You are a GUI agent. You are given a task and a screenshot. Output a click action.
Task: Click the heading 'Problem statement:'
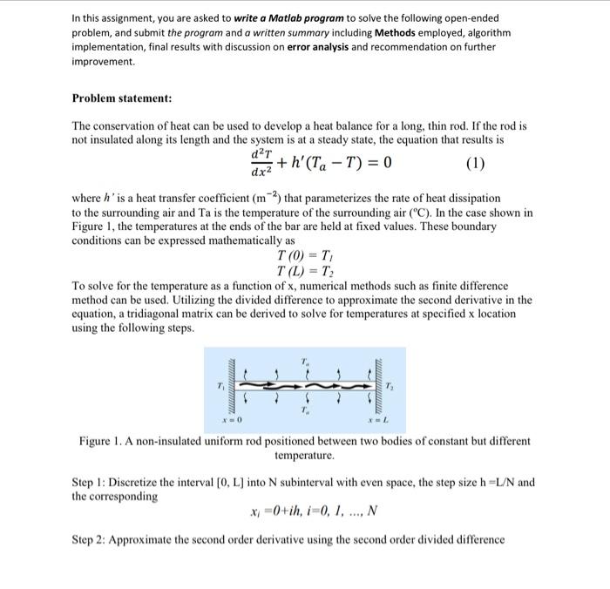[121, 100]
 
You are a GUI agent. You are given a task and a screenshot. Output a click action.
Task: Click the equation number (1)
[476, 163]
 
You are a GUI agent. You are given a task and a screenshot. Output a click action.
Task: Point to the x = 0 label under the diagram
[228, 421]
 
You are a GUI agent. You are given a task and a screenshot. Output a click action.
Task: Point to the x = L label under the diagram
[376, 421]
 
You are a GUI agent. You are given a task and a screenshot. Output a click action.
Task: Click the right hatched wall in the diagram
[380, 384]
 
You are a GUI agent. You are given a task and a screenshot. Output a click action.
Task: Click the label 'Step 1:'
[91, 481]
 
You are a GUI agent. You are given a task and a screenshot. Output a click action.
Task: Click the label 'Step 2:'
[91, 538]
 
